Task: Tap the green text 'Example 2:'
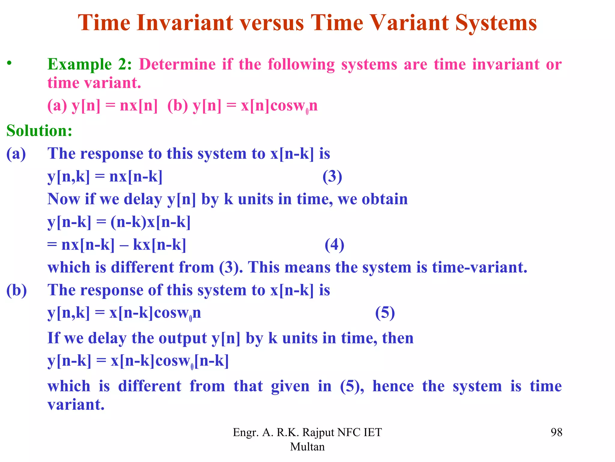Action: point(89,64)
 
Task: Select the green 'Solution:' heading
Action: point(39,131)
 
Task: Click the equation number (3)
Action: point(332,177)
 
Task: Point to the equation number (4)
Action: point(335,245)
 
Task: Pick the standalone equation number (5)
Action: point(385,313)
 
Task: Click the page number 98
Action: point(556,432)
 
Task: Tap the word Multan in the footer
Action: point(307,447)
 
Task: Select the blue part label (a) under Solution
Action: point(16,154)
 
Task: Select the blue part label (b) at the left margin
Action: point(17,290)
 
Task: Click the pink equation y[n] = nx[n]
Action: point(114,106)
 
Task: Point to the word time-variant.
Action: point(480,267)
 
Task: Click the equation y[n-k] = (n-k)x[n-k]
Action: point(119,223)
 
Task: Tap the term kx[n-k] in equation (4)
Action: point(159,245)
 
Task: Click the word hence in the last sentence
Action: point(393,386)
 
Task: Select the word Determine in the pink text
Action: point(177,64)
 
